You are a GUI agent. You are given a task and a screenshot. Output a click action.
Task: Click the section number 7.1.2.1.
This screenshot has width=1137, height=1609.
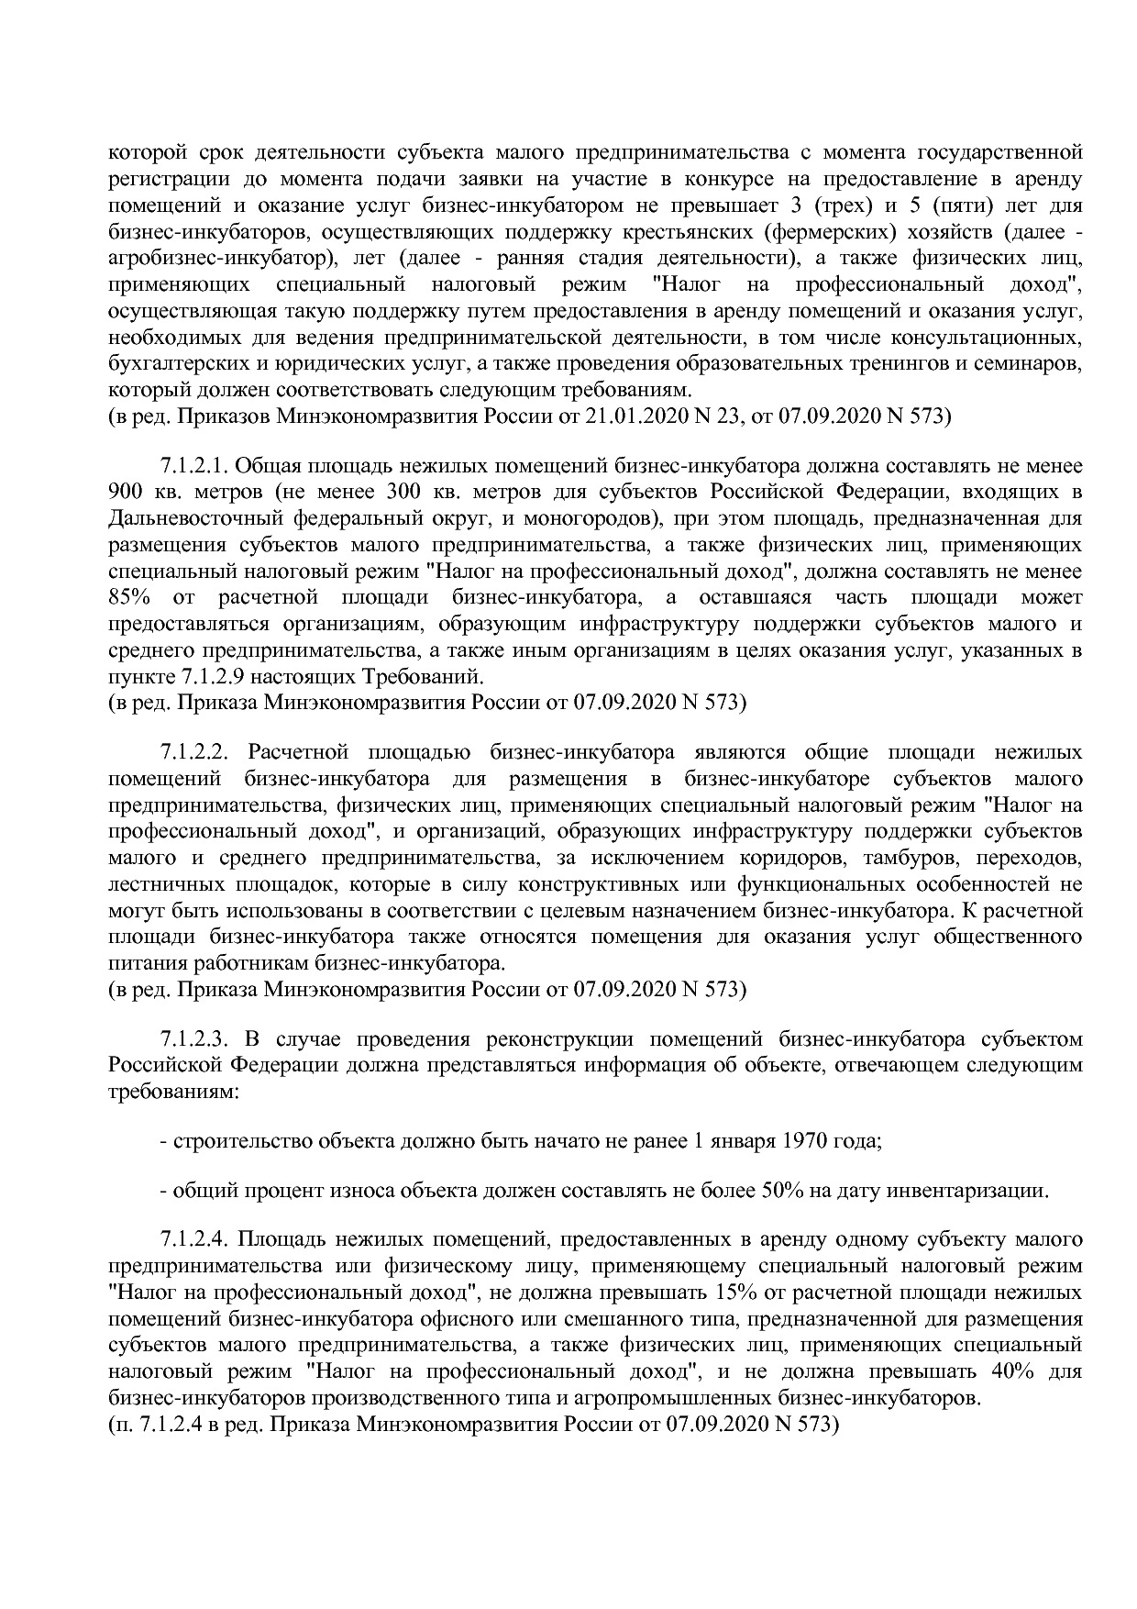tap(193, 467)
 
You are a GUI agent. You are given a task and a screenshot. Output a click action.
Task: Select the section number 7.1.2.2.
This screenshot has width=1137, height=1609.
tap(193, 753)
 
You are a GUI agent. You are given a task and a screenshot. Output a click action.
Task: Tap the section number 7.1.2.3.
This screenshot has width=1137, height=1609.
tap(193, 1039)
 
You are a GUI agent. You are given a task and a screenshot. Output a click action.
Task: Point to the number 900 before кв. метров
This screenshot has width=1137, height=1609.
tap(125, 493)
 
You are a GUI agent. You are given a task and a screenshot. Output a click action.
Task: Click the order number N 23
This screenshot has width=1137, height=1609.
tap(728, 417)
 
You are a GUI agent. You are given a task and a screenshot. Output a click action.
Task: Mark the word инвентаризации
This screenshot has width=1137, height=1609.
tap(970, 1192)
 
